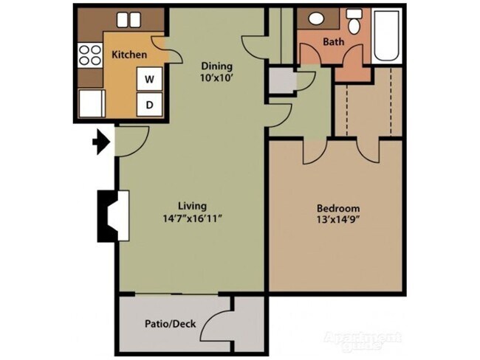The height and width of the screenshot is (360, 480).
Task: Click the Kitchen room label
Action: [x=129, y=55]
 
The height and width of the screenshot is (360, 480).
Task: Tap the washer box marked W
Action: [x=149, y=78]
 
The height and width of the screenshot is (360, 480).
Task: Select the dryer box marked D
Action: [x=149, y=105]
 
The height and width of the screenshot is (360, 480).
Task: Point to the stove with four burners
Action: [x=89, y=54]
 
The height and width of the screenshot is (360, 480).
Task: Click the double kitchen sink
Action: [x=129, y=21]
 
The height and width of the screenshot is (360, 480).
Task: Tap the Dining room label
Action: [x=217, y=66]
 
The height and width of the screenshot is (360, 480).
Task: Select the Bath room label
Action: [x=333, y=42]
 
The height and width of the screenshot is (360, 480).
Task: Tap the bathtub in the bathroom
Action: [x=387, y=35]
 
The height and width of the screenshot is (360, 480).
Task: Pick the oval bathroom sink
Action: [x=316, y=19]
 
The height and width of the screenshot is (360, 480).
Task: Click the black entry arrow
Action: [x=100, y=142]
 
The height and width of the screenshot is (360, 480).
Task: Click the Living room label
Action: [x=192, y=205]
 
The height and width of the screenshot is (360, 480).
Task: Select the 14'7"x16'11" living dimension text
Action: [x=192, y=218]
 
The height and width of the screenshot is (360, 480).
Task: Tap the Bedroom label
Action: [x=338, y=208]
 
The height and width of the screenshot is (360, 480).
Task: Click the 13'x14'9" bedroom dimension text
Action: [x=338, y=221]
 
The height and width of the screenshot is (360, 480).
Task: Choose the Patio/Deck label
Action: [x=165, y=324]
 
